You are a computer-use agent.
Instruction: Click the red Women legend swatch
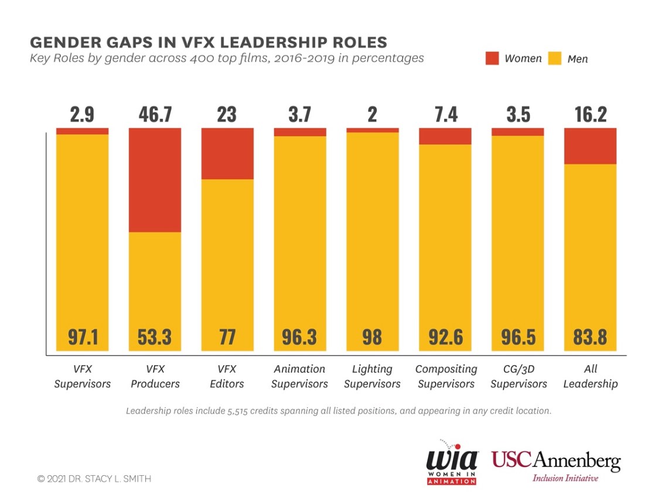click(492, 58)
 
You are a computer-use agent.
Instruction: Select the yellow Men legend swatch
click(554, 58)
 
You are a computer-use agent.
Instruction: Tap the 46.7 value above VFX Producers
click(155, 114)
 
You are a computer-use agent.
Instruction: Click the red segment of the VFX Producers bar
click(155, 180)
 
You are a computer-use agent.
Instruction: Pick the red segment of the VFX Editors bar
click(227, 154)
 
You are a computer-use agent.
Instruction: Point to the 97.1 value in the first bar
click(82, 337)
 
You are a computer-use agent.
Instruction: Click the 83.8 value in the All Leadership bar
click(591, 337)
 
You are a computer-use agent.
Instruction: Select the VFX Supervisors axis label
click(82, 376)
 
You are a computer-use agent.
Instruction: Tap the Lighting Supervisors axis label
click(372, 376)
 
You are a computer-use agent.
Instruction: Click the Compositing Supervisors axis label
click(446, 376)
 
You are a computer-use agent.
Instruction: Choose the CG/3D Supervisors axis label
click(519, 376)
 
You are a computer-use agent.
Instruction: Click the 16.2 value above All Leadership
click(591, 114)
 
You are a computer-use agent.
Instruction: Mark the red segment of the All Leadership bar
click(591, 146)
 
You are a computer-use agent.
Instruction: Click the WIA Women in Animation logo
click(451, 462)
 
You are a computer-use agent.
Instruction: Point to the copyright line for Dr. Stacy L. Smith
click(94, 479)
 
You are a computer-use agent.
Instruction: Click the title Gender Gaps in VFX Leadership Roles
click(208, 42)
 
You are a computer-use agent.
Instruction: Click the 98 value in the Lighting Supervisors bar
click(372, 337)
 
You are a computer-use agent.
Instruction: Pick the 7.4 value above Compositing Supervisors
click(446, 114)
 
